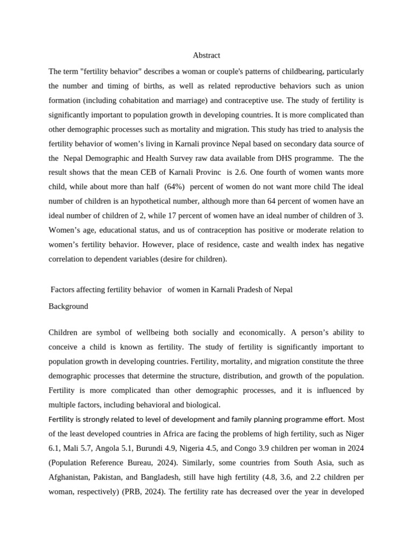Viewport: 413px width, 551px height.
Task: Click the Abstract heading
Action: [x=206, y=55]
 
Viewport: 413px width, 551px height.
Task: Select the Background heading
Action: [x=68, y=306]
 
